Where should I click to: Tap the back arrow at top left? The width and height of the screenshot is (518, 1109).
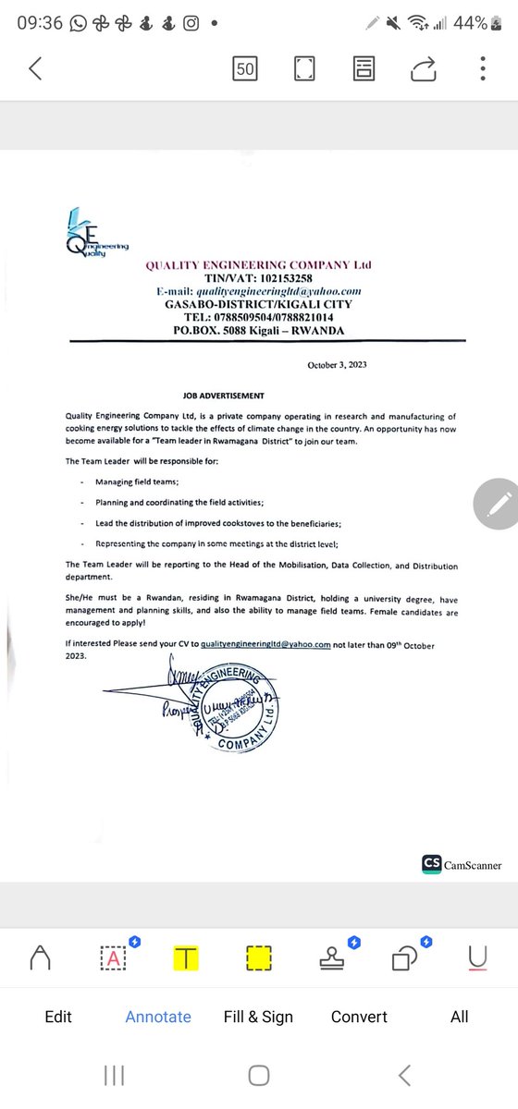click(x=35, y=68)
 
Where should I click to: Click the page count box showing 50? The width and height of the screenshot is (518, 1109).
click(x=246, y=68)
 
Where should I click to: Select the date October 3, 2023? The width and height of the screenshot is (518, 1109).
click(x=338, y=365)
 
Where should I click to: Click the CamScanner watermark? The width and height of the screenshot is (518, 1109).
click(x=462, y=864)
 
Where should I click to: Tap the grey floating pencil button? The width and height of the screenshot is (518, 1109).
click(x=497, y=505)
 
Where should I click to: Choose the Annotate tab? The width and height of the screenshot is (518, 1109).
click(x=158, y=1017)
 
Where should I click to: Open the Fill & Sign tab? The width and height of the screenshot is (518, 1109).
click(x=258, y=1017)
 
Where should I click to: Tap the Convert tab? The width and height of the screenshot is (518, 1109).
click(x=360, y=1017)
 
